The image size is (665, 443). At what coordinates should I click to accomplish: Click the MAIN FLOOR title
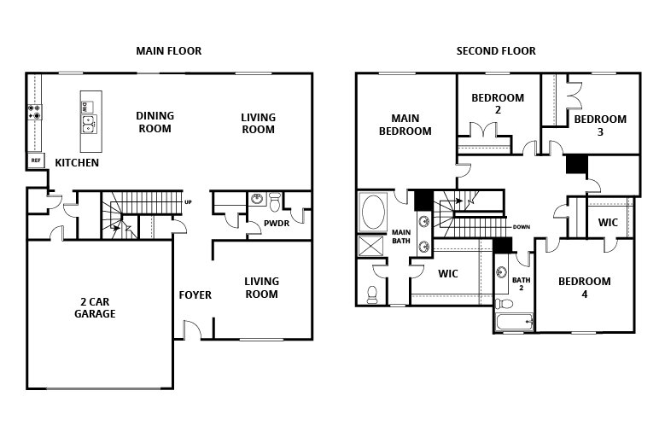[169, 51]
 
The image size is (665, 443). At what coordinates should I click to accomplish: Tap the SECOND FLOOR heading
[496, 51]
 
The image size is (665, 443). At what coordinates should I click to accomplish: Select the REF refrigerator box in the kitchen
[36, 160]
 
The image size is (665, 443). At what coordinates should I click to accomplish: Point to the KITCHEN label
[77, 163]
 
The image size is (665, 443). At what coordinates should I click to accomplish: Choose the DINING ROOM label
[155, 122]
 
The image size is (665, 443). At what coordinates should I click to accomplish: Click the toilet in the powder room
[274, 202]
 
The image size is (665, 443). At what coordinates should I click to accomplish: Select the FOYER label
[195, 295]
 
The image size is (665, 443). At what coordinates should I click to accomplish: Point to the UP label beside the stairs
[188, 202]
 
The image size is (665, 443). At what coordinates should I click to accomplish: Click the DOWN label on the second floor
[521, 227]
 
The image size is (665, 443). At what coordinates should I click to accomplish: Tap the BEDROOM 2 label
[498, 104]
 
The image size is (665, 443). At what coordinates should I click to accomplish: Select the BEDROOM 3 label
[600, 125]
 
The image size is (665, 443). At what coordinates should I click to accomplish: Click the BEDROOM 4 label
[585, 288]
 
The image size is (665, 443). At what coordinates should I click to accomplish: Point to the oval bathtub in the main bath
[374, 213]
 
